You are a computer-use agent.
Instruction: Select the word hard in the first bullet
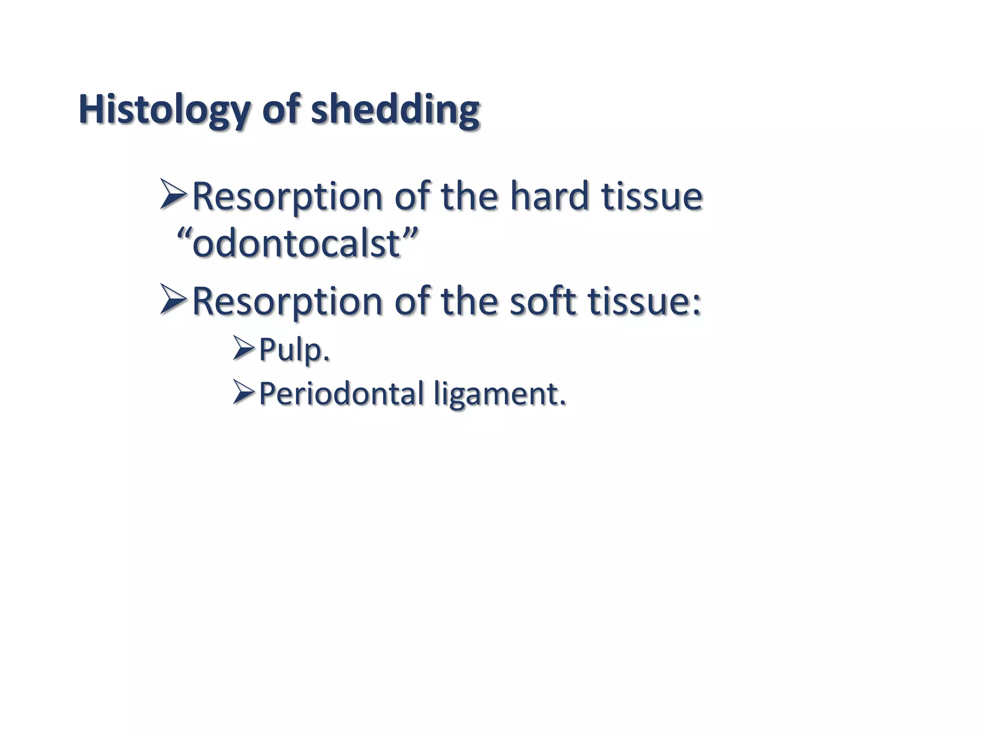549,196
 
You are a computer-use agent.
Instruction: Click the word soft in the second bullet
543,301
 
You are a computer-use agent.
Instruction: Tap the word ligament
500,394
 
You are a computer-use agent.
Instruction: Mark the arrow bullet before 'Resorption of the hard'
173,194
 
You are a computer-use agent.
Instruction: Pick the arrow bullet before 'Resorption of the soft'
173,299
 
